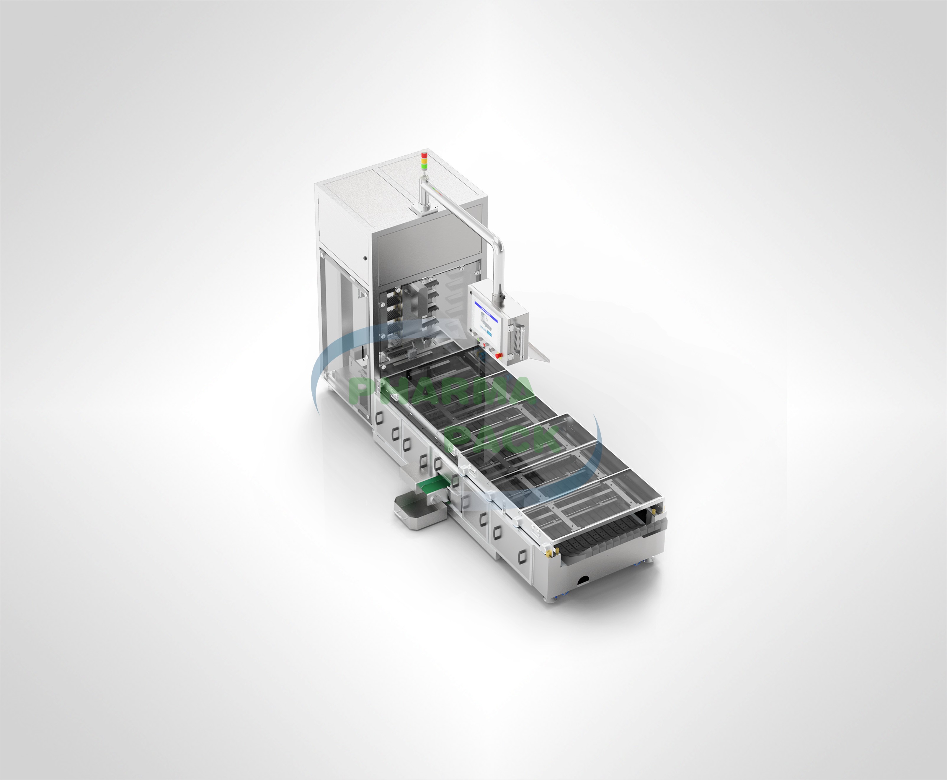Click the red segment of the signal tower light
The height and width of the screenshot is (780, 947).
click(424, 155)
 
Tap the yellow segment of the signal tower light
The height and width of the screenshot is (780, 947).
click(424, 161)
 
